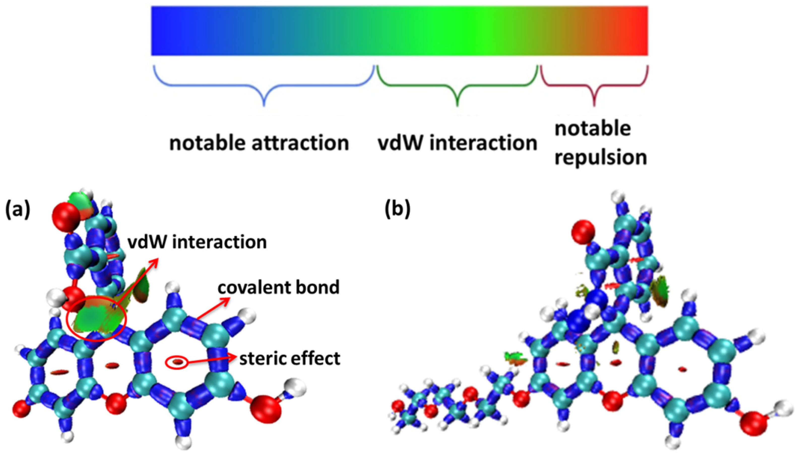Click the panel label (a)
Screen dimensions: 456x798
click(18, 209)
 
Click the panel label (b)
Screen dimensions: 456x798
click(397, 209)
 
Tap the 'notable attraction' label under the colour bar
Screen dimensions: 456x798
click(259, 143)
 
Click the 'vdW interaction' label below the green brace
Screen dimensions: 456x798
click(457, 143)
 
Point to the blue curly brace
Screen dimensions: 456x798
click(264, 86)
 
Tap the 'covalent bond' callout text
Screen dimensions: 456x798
click(278, 287)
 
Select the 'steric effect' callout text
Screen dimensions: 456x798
click(290, 358)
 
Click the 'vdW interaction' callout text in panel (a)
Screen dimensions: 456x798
click(197, 242)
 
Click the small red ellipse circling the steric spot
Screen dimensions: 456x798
click(177, 363)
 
